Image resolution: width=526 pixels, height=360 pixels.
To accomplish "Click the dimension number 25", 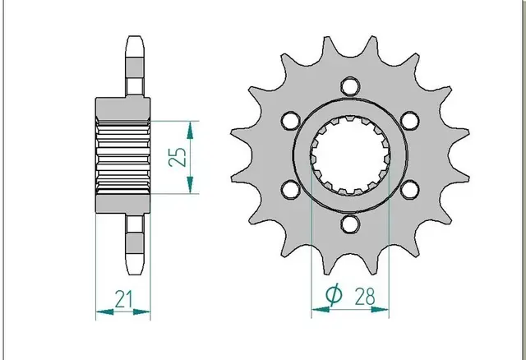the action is click(178, 157).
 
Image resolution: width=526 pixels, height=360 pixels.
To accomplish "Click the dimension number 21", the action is click(124, 299).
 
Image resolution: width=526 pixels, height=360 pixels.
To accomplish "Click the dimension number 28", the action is click(365, 296).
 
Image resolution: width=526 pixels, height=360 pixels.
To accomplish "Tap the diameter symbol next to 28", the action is click(335, 295).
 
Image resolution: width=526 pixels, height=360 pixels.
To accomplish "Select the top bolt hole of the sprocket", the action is click(351, 85).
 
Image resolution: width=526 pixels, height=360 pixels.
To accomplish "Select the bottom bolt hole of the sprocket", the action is click(350, 224).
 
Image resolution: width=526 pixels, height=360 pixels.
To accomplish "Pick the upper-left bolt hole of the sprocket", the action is click(290, 121).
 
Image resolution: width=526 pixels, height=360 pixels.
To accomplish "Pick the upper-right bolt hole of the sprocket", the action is click(410, 121).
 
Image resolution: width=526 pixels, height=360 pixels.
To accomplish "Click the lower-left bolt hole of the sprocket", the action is click(290, 190).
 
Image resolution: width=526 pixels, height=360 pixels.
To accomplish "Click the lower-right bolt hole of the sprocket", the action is click(410, 190).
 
